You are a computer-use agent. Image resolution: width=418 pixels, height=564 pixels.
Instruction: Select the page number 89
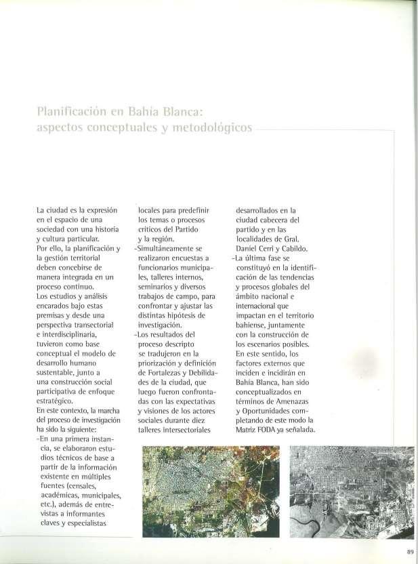[410, 550]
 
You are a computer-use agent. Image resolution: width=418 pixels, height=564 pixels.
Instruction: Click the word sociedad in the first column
[49, 229]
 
